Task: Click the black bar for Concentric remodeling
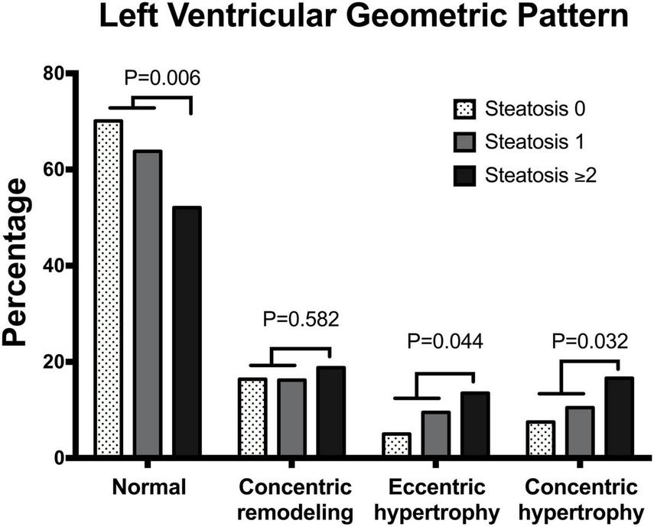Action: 331,412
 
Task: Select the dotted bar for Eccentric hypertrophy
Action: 397,445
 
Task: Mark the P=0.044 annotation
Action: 445,341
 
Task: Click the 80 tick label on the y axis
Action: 51,73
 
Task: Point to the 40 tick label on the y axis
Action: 51,265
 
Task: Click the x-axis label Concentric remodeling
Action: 294,499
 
